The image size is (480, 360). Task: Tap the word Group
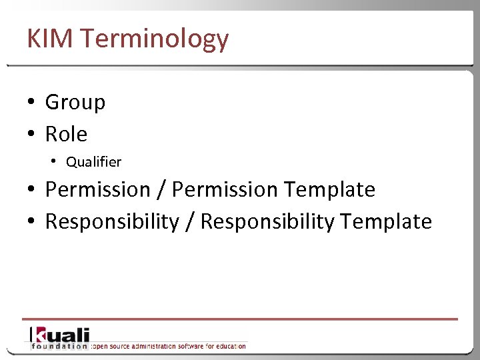pyautogui.click(x=75, y=103)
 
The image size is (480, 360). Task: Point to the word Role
pyautogui.click(x=66, y=134)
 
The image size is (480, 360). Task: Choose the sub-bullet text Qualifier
pyautogui.click(x=93, y=162)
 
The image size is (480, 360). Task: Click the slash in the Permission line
pyautogui.click(x=161, y=190)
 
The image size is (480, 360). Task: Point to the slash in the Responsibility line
pyautogui.click(x=189, y=222)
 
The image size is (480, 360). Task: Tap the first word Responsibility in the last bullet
pyautogui.click(x=111, y=222)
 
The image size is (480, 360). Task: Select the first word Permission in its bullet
pyautogui.click(x=97, y=190)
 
